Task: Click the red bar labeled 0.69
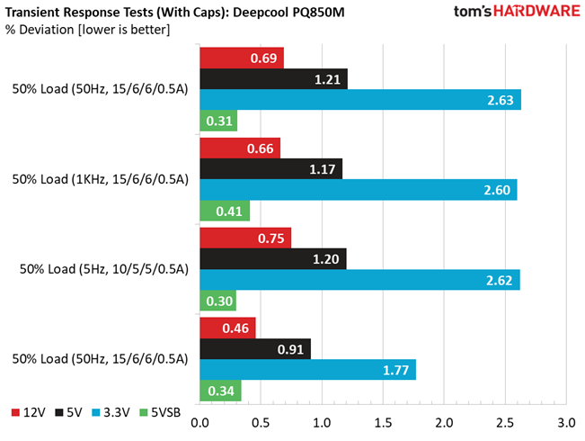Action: point(242,58)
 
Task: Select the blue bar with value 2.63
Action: point(360,100)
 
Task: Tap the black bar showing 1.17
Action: point(271,169)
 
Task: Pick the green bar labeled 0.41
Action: point(225,211)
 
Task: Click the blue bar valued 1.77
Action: point(308,370)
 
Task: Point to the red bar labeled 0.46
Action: point(227,328)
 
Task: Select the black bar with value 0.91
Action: point(255,349)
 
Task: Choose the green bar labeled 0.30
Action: point(217,301)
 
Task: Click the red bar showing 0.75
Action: point(245,238)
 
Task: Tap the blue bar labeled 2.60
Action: point(359,190)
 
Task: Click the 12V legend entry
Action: point(29,412)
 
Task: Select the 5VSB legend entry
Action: point(160,412)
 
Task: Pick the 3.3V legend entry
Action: point(111,412)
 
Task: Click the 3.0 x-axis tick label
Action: point(566,423)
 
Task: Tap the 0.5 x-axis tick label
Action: point(261,423)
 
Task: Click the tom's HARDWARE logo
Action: point(517,11)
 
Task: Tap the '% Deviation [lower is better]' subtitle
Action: point(88,30)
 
